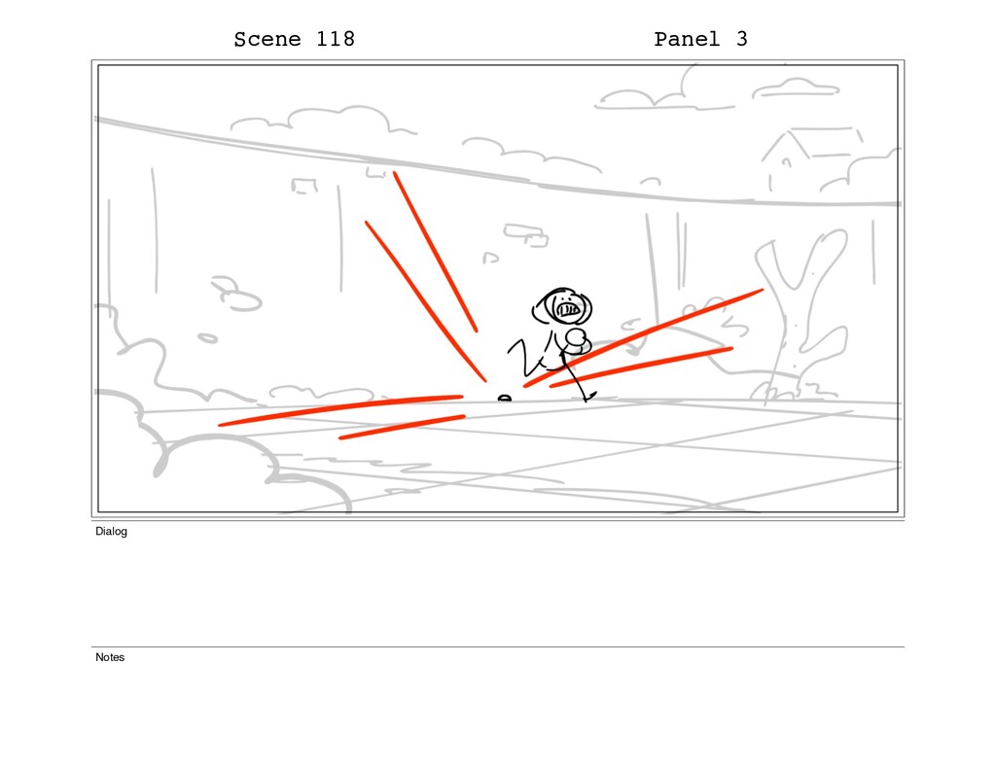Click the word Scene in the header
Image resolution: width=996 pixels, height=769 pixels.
coord(267,39)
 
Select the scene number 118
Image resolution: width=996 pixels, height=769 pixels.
coord(336,39)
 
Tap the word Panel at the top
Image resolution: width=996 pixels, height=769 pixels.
coord(687,39)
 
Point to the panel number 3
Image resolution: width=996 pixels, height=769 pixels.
coord(741,39)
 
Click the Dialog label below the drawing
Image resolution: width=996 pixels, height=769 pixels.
coord(111,532)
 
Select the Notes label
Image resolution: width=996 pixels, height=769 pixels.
coord(110,657)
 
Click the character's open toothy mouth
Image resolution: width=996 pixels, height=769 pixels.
coord(567,309)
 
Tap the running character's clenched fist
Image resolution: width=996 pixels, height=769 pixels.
coord(578,341)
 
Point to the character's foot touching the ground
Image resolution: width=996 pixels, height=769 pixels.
coord(588,397)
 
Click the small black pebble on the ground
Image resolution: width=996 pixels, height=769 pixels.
coord(505,399)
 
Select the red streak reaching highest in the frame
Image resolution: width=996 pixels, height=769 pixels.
coord(435,252)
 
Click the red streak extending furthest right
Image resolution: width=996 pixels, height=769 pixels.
coord(644,337)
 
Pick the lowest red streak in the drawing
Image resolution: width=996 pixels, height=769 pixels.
coord(402,428)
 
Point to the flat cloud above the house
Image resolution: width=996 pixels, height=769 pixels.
coord(797,88)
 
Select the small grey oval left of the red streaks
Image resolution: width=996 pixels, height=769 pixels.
coord(207,338)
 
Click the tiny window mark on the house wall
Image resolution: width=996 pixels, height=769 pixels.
coord(786,162)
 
